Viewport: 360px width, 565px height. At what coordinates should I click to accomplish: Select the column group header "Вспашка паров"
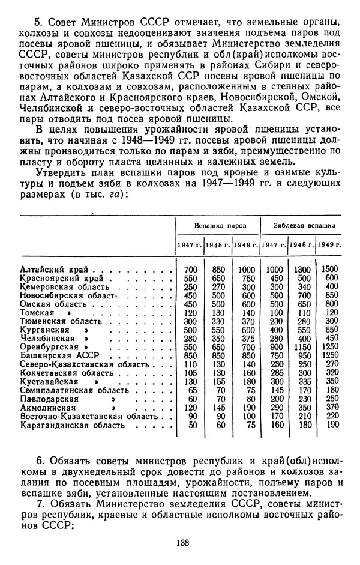click(x=217, y=225)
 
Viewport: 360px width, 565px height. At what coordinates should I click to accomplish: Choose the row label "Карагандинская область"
click(x=71, y=425)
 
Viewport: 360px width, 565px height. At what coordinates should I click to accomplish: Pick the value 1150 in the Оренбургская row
click(x=304, y=346)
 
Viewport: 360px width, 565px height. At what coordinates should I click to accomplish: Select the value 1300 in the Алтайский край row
click(x=304, y=270)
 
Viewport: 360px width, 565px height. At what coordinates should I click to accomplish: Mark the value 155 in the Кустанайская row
click(x=218, y=381)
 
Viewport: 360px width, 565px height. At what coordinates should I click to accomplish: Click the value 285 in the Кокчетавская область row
click(x=276, y=372)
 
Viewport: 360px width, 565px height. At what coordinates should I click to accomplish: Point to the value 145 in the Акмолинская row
click(x=218, y=408)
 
